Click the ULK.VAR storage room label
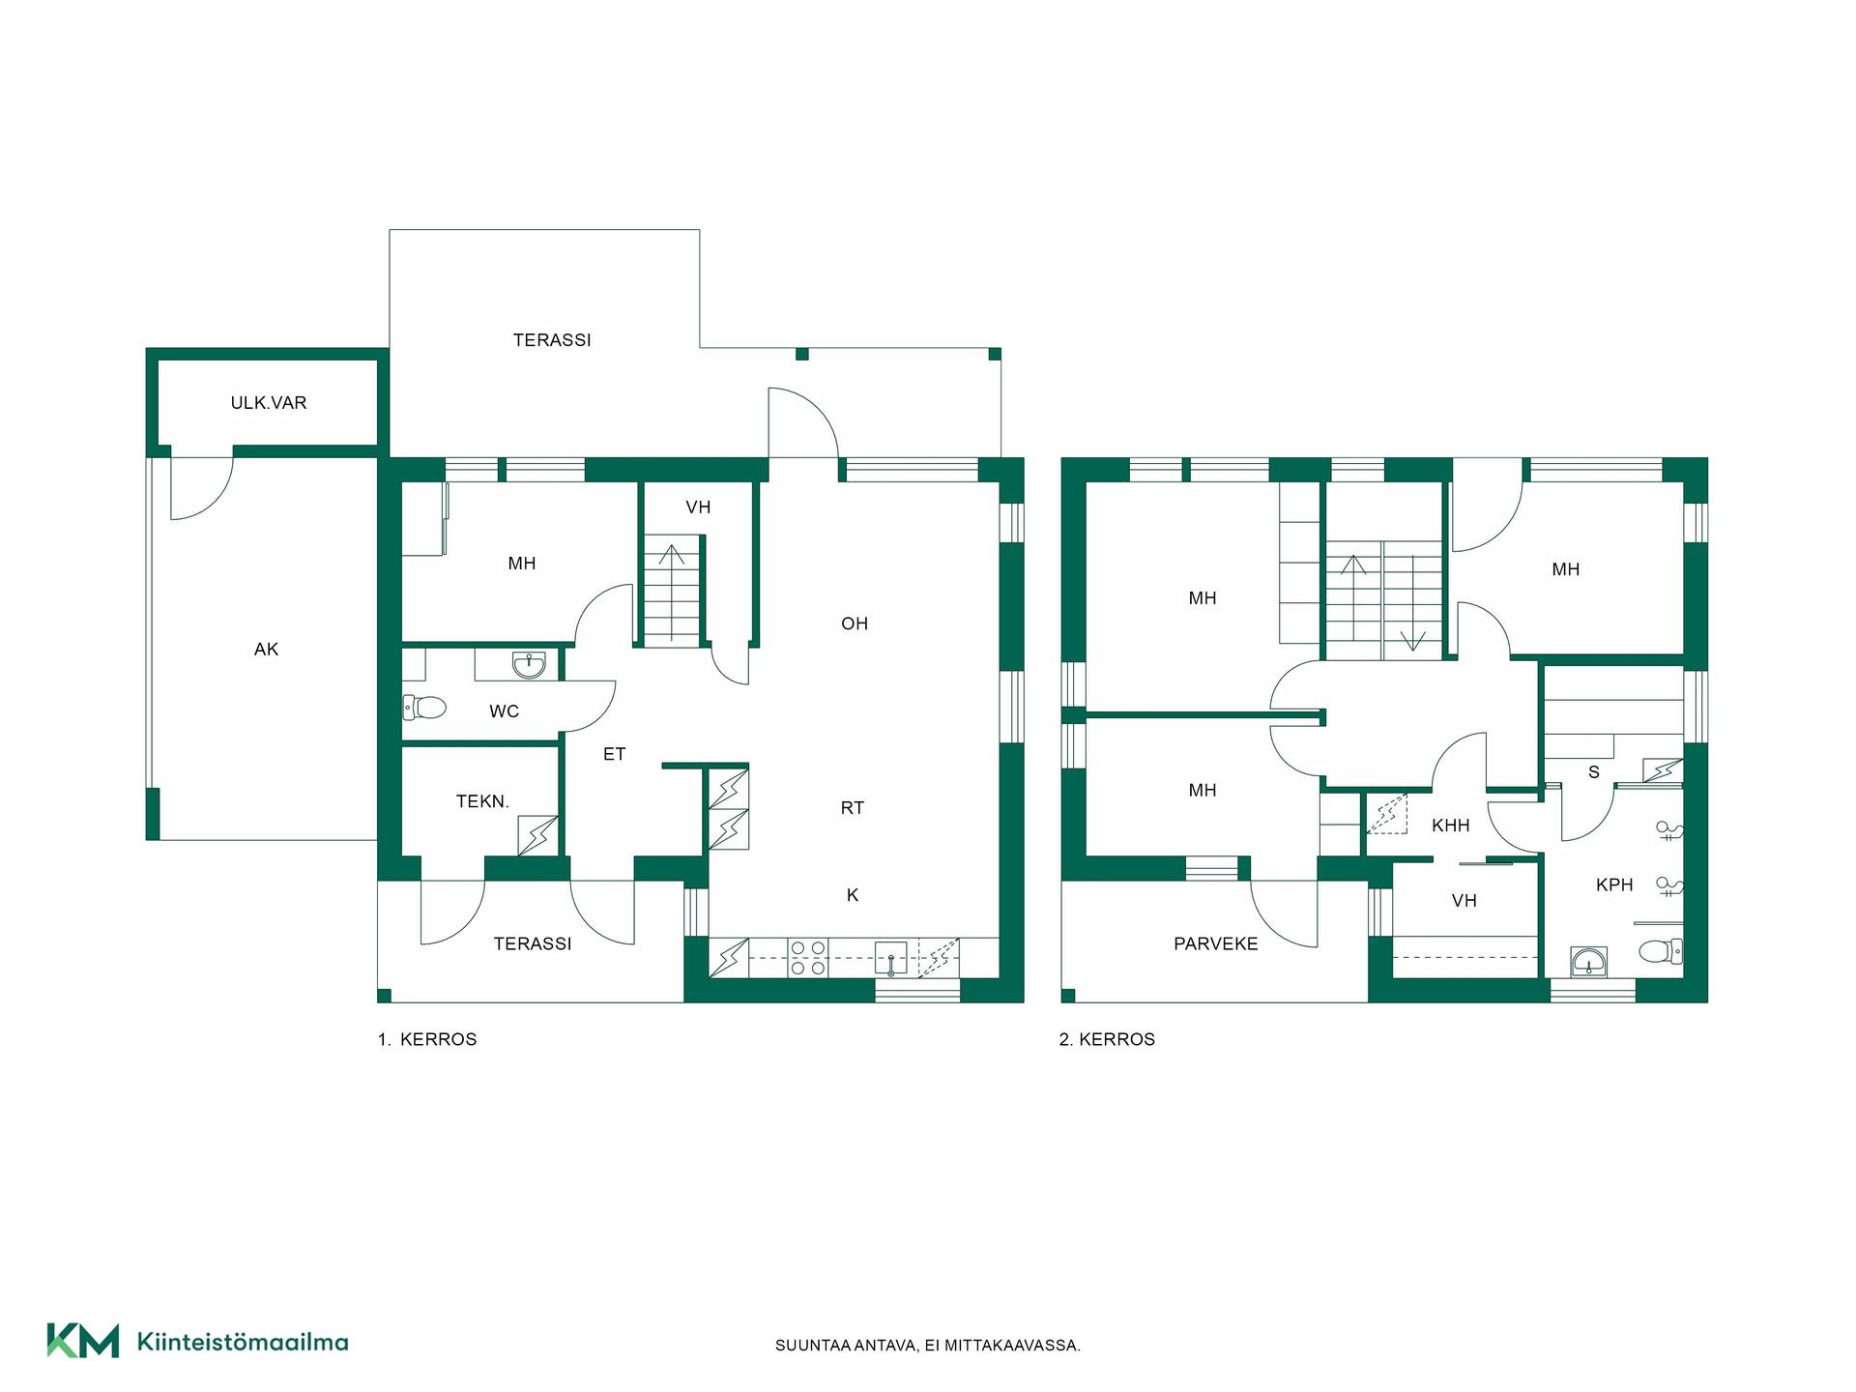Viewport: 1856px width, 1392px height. pyautogui.click(x=269, y=403)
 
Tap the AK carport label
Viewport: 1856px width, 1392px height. pyautogui.click(x=266, y=650)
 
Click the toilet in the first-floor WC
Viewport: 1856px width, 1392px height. pyautogui.click(x=423, y=709)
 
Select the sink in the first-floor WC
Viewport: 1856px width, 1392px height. pyautogui.click(x=528, y=664)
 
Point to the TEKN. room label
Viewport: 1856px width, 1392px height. pyautogui.click(x=482, y=801)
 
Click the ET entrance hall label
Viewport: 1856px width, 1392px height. pyautogui.click(x=615, y=754)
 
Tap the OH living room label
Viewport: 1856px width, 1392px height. pyautogui.click(x=855, y=623)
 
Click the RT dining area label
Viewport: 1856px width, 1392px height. pyautogui.click(x=852, y=808)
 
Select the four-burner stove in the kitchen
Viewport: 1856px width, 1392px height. pyautogui.click(x=808, y=958)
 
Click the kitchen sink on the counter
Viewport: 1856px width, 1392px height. pyautogui.click(x=890, y=957)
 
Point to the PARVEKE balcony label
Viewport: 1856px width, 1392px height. pyautogui.click(x=1216, y=944)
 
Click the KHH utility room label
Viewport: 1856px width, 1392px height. pyautogui.click(x=1451, y=826)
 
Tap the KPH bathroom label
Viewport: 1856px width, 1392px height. pyautogui.click(x=1614, y=884)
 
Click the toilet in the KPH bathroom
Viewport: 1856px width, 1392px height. pyautogui.click(x=1661, y=952)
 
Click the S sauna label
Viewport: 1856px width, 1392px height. pyautogui.click(x=1594, y=772)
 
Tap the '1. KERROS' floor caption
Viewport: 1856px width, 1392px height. pyautogui.click(x=427, y=1040)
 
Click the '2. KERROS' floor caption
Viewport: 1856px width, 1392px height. pyautogui.click(x=1107, y=1040)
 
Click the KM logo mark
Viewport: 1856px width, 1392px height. pyautogui.click(x=83, y=1341)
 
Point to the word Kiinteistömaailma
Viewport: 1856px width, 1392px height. pyautogui.click(x=243, y=1342)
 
